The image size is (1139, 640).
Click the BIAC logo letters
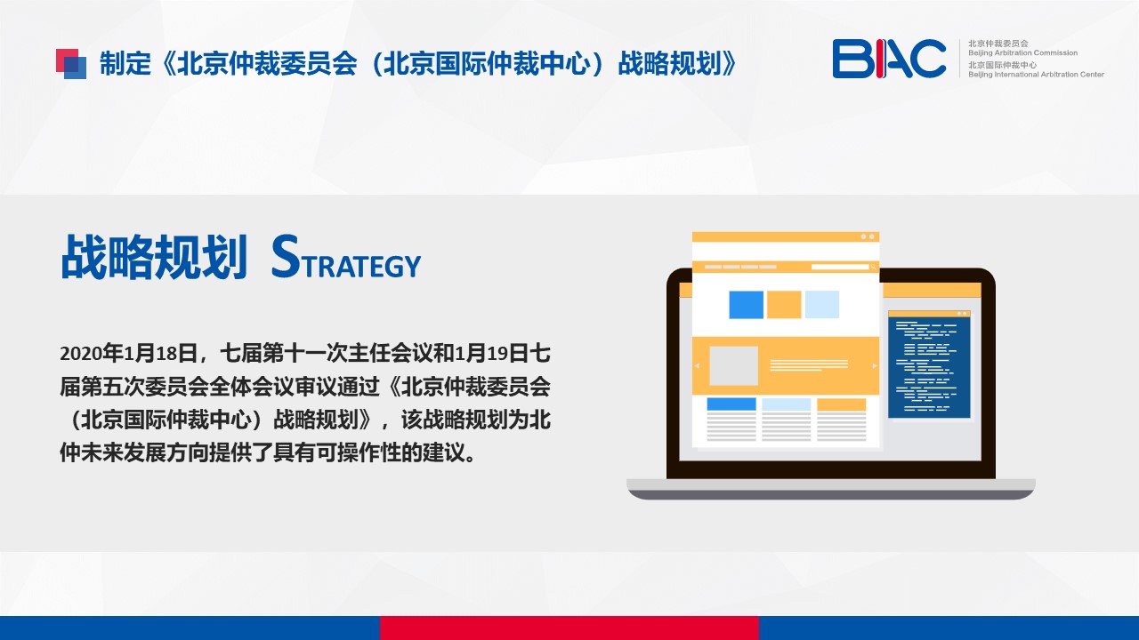[889, 59]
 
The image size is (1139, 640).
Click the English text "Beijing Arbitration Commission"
[1022, 52]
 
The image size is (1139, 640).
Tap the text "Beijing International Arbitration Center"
[1036, 75]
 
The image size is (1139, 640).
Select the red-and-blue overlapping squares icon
[70, 63]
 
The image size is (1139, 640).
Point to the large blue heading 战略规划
[154, 257]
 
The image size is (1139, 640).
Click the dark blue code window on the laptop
[929, 364]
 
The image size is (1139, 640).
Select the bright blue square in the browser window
[746, 305]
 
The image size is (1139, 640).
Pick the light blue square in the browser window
[821, 305]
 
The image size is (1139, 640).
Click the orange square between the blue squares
[784, 305]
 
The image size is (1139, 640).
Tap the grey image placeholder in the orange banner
[733, 365]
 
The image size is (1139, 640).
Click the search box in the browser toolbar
[840, 267]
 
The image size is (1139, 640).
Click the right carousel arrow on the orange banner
[874, 365]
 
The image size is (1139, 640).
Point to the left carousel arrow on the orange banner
[697, 365]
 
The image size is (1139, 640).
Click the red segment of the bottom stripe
[569, 628]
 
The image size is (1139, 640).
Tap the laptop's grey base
[831, 489]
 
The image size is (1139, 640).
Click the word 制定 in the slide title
[125, 64]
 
